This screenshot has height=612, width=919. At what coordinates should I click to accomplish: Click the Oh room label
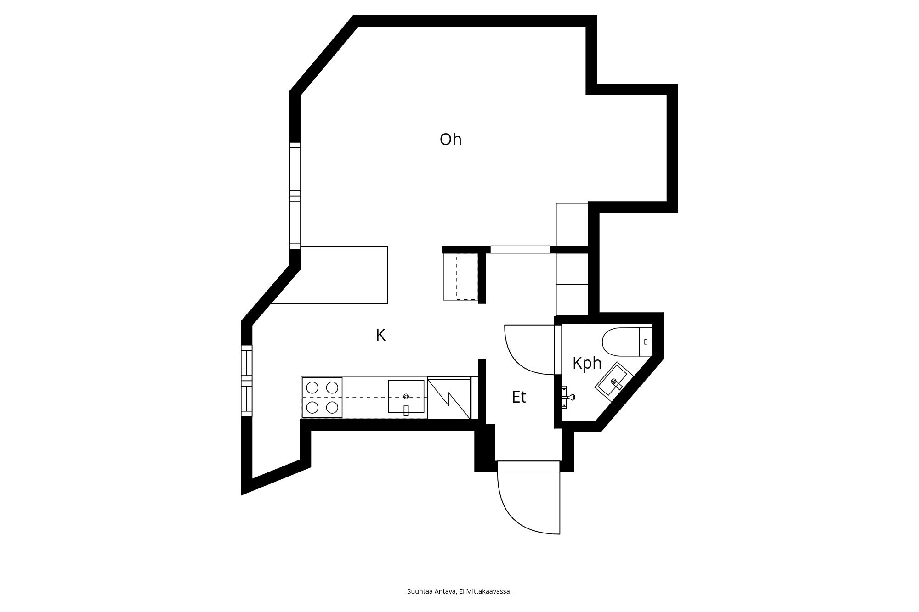point(450,140)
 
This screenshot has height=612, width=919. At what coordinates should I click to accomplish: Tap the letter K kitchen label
point(380,335)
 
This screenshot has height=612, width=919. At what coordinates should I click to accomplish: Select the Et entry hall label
point(519,397)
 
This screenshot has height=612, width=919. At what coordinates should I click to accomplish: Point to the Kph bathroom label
point(587,363)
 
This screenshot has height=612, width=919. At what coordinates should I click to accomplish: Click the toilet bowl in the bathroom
point(620,342)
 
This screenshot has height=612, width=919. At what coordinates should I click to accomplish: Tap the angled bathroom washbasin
point(614,382)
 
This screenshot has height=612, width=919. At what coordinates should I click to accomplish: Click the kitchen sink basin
point(406,396)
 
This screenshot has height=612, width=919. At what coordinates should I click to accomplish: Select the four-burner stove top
point(322,398)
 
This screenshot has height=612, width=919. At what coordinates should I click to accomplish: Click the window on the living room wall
point(295,196)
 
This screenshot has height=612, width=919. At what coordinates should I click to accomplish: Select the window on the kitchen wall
point(247,381)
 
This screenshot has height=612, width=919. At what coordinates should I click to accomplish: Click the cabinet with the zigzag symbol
point(449,398)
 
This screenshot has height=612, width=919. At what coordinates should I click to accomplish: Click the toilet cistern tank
point(646,342)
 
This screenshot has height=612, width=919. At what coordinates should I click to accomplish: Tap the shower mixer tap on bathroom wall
point(569,398)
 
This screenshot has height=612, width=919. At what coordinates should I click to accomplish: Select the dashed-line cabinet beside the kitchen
point(461,277)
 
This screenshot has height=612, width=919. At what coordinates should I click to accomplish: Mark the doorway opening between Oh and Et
point(520,250)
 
